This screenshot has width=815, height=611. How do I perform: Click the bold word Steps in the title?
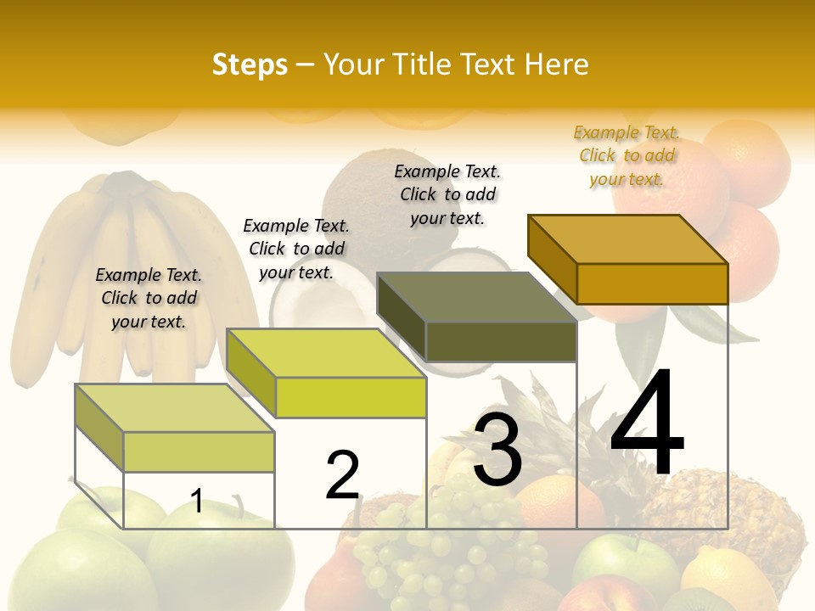pyautogui.click(x=250, y=64)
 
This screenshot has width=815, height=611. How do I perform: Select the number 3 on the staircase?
pyautogui.click(x=497, y=450)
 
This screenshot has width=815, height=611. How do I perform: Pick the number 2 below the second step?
pyautogui.click(x=343, y=474)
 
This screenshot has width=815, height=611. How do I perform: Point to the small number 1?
pyautogui.click(x=196, y=501)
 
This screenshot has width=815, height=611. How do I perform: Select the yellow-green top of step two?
pyautogui.click(x=327, y=352)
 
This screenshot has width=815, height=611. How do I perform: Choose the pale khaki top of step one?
pyautogui.click(x=175, y=408)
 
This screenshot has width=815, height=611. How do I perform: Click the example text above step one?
pyautogui.click(x=149, y=298)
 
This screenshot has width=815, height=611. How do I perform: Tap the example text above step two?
pyautogui.click(x=296, y=249)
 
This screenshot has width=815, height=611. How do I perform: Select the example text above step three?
pyautogui.click(x=447, y=194)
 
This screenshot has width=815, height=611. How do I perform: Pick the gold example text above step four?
pyautogui.click(x=627, y=155)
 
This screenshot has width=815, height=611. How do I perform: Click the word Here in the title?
pyautogui.click(x=556, y=64)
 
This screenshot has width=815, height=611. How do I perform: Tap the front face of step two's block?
pyautogui.click(x=351, y=397)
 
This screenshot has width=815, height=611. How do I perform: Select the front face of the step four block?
pyautogui.click(x=652, y=283)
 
